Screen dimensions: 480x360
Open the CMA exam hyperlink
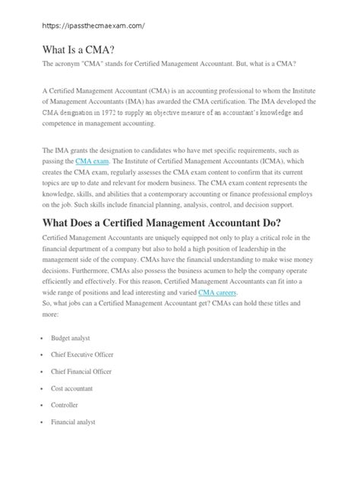pyautogui.click(x=92, y=162)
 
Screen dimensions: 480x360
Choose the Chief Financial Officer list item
pyautogui.click(x=82, y=371)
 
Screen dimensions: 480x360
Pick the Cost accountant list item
pyautogui.click(x=73, y=387)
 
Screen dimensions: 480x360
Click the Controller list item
pyautogui.click(x=65, y=405)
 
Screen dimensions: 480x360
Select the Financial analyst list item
pyautogui.click(x=74, y=422)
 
